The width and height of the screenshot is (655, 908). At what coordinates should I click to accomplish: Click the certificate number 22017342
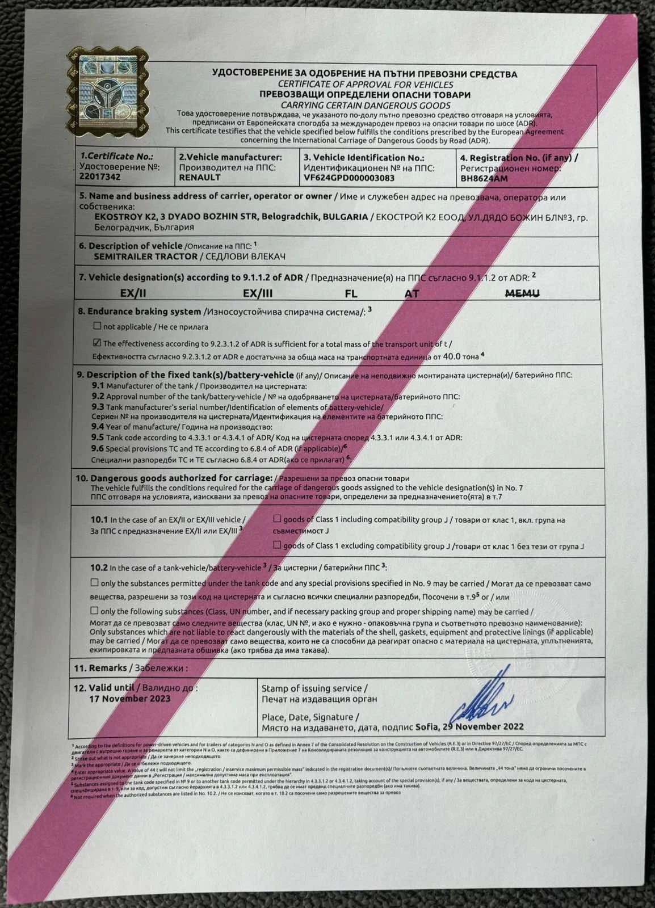100,176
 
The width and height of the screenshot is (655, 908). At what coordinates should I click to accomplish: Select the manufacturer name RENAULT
199,177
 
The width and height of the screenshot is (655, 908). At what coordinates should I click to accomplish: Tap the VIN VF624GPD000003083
349,178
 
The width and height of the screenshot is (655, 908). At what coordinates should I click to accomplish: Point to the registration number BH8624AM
484,178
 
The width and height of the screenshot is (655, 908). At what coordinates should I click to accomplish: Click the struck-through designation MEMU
522,293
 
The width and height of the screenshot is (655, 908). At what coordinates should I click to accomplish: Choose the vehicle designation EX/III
257,293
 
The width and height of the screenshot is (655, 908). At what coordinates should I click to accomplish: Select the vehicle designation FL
351,293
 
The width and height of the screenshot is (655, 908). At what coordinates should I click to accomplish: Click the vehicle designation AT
412,293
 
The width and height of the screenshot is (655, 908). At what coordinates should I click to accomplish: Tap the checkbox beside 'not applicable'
97,326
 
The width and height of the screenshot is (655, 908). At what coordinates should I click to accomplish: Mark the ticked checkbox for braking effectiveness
97,343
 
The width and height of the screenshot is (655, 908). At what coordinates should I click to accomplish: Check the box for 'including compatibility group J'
277,519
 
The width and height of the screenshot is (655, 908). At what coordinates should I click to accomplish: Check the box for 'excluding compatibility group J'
277,545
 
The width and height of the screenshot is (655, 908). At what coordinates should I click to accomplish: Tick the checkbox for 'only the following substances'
94,611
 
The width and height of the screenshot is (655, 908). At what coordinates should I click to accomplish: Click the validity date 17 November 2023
129,699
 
